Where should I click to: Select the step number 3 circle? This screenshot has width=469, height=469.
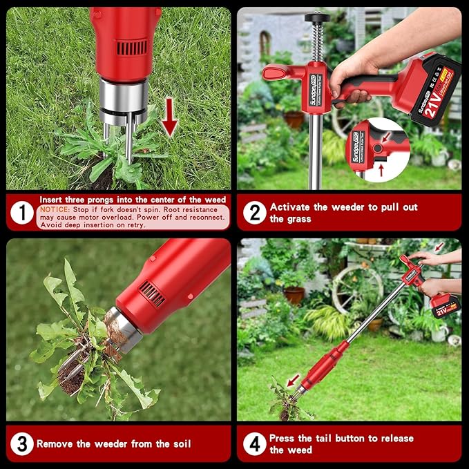22,443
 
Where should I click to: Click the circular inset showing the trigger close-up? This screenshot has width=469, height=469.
377,149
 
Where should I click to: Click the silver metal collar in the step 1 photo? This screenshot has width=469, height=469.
122,97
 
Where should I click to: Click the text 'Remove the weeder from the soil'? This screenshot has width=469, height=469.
113,443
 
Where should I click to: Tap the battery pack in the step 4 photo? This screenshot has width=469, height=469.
446,304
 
